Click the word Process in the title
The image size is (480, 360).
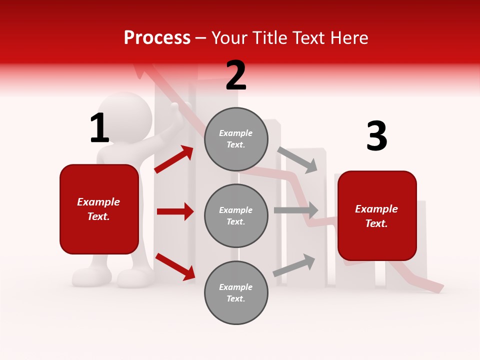(157, 38)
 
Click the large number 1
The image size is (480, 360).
(99, 128)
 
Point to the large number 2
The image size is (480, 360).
(236, 75)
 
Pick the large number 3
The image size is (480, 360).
(376, 136)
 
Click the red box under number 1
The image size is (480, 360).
(99, 209)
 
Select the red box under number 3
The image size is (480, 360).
(377, 216)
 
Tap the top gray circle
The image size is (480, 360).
(236, 139)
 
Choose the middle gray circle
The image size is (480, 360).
(236, 215)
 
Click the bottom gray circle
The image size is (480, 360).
(236, 292)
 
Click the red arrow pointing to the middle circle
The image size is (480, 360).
(175, 211)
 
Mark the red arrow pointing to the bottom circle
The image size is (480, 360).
(175, 266)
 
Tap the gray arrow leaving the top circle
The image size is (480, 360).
(297, 159)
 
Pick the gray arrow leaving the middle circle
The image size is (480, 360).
(296, 210)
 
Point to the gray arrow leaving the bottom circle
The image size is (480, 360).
(294, 265)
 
